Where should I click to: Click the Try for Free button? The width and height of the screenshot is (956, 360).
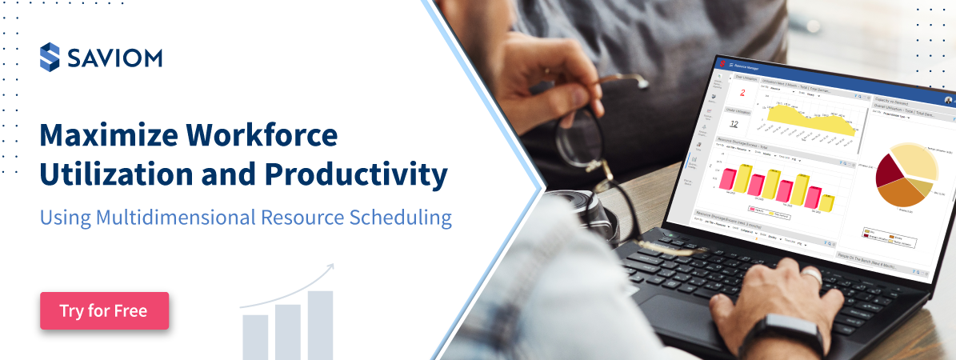click(104, 311)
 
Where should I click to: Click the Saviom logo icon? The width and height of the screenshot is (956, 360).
click(50, 58)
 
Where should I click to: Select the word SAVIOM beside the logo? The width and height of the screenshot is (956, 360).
click(114, 58)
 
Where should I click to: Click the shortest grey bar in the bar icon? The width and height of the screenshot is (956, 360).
click(255, 336)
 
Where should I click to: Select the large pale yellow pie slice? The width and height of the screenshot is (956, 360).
click(917, 159)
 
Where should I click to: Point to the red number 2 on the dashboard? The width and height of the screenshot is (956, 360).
click(742, 93)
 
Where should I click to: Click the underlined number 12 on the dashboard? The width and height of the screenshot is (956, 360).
click(735, 124)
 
